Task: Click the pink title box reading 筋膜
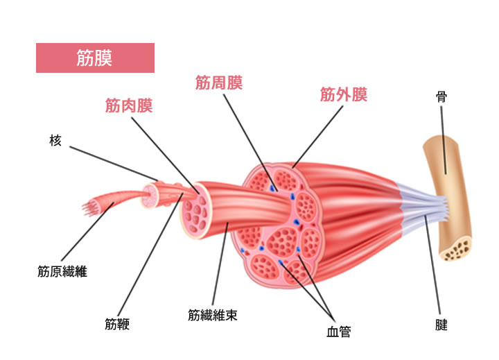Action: click(x=95, y=58)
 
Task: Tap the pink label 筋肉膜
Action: click(x=128, y=105)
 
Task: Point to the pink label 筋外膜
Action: click(x=343, y=94)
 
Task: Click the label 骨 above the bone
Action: click(x=441, y=96)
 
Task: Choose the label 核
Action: click(x=56, y=141)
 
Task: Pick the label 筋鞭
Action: click(x=118, y=324)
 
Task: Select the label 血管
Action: click(x=338, y=332)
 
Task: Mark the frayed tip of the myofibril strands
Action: click(x=88, y=206)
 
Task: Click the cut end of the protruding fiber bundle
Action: click(x=198, y=211)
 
